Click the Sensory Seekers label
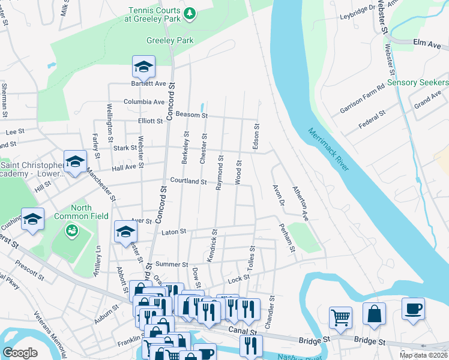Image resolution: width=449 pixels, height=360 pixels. [418, 82]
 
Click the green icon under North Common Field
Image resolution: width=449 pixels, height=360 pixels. [71, 230]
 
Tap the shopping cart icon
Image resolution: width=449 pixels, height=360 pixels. [340, 316]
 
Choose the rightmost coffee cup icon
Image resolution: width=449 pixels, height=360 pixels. [413, 308]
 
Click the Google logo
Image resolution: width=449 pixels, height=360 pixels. [20, 352]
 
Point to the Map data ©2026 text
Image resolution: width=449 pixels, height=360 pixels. [423, 355]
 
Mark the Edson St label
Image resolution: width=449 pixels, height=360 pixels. [256, 138]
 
